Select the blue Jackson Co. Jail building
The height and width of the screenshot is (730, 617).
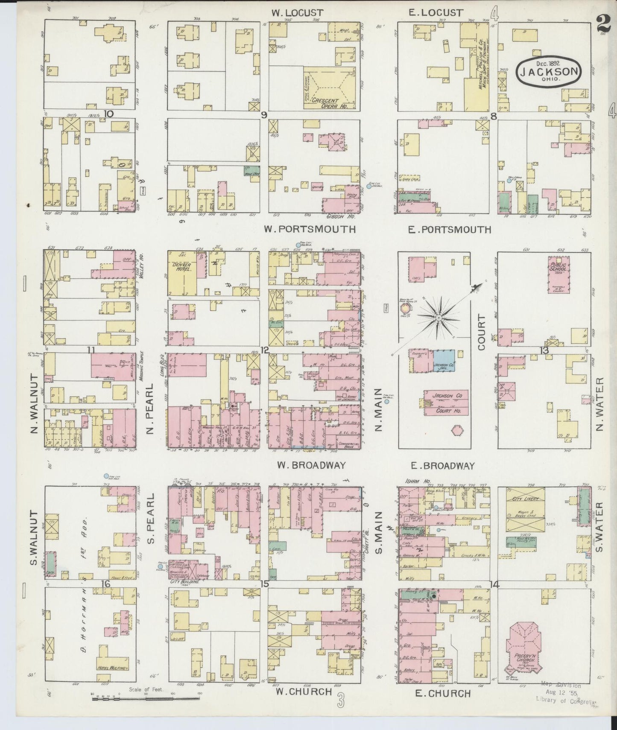(x=443, y=361)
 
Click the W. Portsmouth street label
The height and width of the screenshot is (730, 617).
(x=309, y=229)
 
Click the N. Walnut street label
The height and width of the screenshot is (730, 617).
(x=35, y=403)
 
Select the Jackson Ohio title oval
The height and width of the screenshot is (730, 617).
(x=549, y=71)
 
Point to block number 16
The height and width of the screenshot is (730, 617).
(x=105, y=584)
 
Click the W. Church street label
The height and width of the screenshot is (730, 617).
(x=304, y=691)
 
